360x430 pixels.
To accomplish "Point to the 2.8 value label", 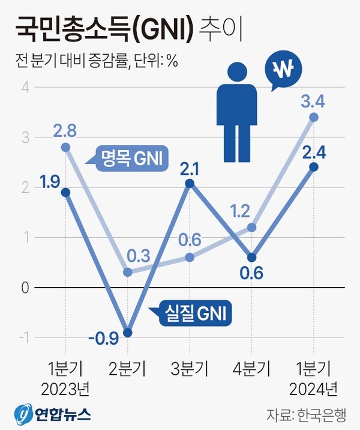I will [x=66, y=130].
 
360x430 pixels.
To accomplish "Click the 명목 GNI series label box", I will [x=129, y=159].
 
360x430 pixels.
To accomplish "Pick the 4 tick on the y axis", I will [x=25, y=88].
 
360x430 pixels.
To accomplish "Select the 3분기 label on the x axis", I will [x=190, y=366].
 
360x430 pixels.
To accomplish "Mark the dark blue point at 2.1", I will [x=190, y=183].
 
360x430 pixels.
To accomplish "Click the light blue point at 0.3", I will [x=127, y=273].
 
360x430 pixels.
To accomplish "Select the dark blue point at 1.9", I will [x=65, y=192].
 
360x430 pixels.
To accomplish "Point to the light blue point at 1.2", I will [x=251, y=228].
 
